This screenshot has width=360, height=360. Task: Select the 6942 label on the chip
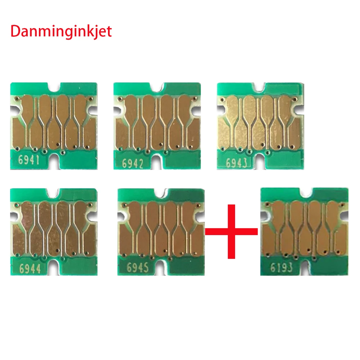point(134,164)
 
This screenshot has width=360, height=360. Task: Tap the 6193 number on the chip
point(282,268)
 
